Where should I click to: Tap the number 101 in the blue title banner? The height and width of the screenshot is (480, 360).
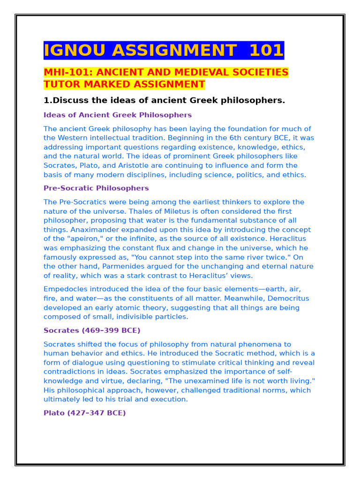[266, 50]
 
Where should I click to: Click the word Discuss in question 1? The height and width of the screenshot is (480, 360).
[71, 100]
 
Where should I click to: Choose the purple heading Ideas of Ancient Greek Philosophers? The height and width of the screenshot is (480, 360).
[118, 115]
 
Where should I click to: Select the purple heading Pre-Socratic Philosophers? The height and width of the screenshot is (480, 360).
[96, 188]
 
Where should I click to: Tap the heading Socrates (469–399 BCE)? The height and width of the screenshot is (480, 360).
[92, 330]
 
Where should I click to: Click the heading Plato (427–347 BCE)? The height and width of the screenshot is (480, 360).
[85, 413]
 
